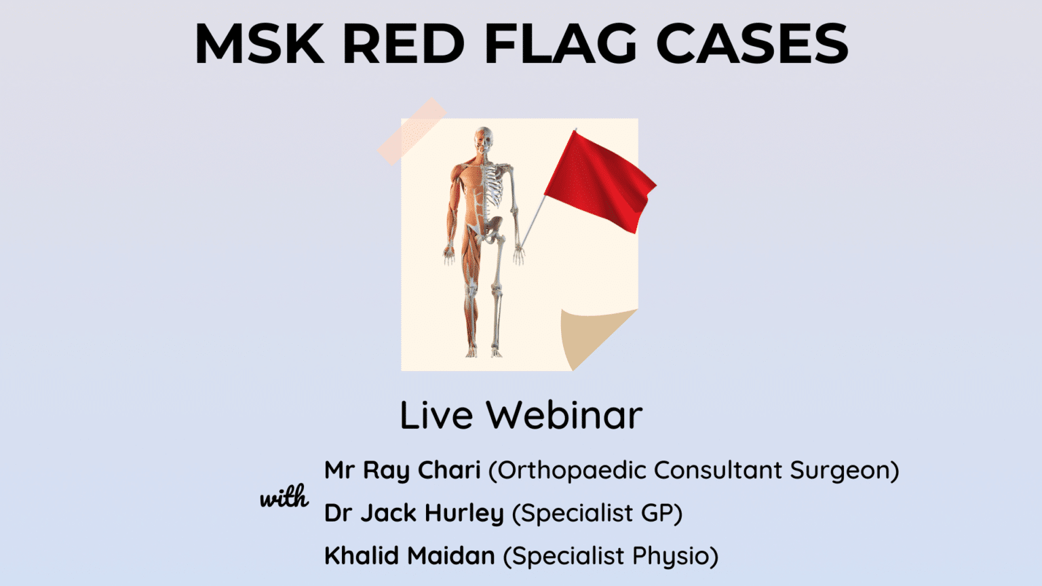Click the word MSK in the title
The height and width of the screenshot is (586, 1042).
259,44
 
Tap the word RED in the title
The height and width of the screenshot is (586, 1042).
403,44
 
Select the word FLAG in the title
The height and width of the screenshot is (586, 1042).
560,44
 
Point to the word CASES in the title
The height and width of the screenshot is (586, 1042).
752,44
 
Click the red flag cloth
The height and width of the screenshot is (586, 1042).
597,180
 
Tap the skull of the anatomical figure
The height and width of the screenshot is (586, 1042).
483,139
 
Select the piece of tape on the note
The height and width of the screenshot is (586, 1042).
412,131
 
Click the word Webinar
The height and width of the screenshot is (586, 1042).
564,415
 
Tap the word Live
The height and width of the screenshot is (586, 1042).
436,415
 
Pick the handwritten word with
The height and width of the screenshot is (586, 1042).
284,498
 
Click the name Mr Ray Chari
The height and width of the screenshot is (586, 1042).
402,470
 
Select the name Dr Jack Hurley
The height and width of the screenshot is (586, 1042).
414,513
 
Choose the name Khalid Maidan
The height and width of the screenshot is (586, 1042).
410,555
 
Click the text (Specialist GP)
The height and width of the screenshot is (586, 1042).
597,513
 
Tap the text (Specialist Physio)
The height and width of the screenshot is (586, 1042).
611,555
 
